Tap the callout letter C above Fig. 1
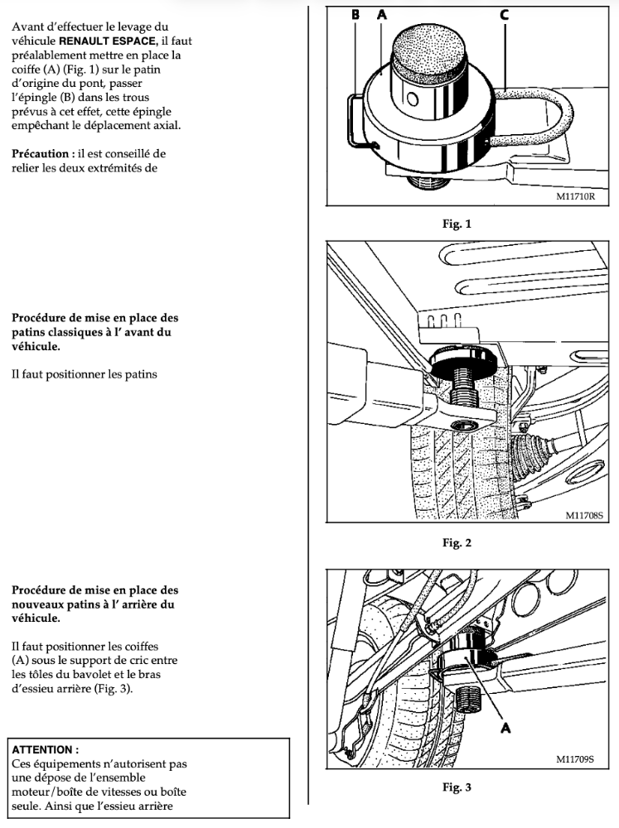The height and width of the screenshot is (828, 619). [504, 14]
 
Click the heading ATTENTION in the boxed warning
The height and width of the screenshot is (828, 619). [45, 749]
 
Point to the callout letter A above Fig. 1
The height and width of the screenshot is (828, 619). [382, 14]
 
